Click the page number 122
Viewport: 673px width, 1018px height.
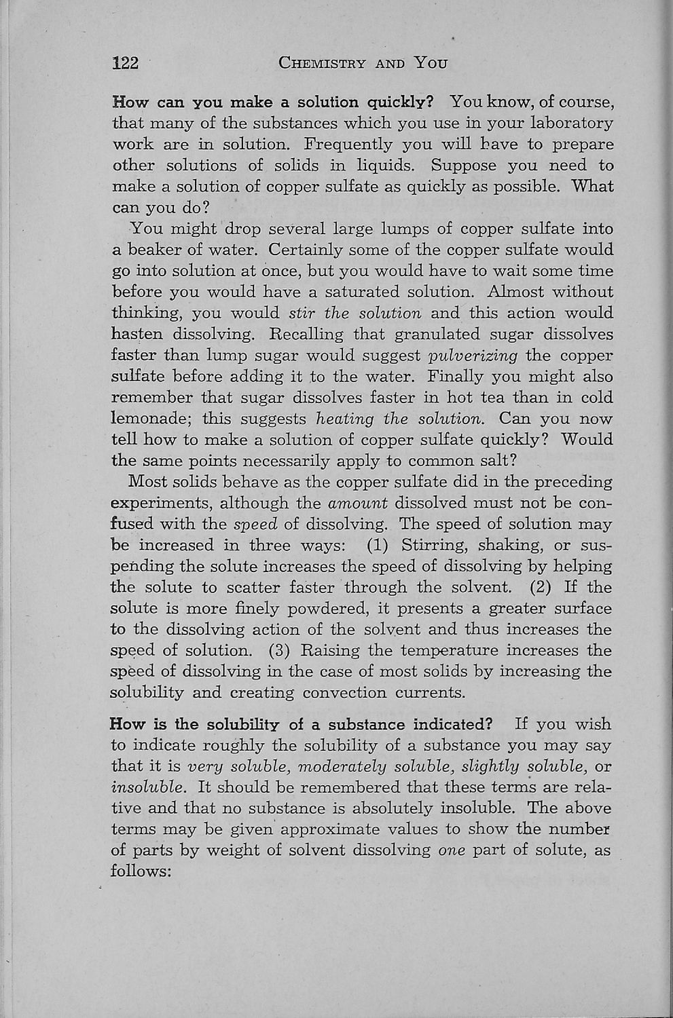[x=126, y=64]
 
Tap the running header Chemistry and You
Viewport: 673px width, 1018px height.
[x=363, y=64]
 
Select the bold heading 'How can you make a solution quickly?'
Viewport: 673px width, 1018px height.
[x=272, y=102]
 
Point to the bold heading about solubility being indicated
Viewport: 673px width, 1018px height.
[x=306, y=724]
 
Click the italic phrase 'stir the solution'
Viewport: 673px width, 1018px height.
[x=355, y=314]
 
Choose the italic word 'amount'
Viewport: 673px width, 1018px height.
[x=358, y=504]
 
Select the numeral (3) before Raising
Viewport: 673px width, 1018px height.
[x=280, y=651]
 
